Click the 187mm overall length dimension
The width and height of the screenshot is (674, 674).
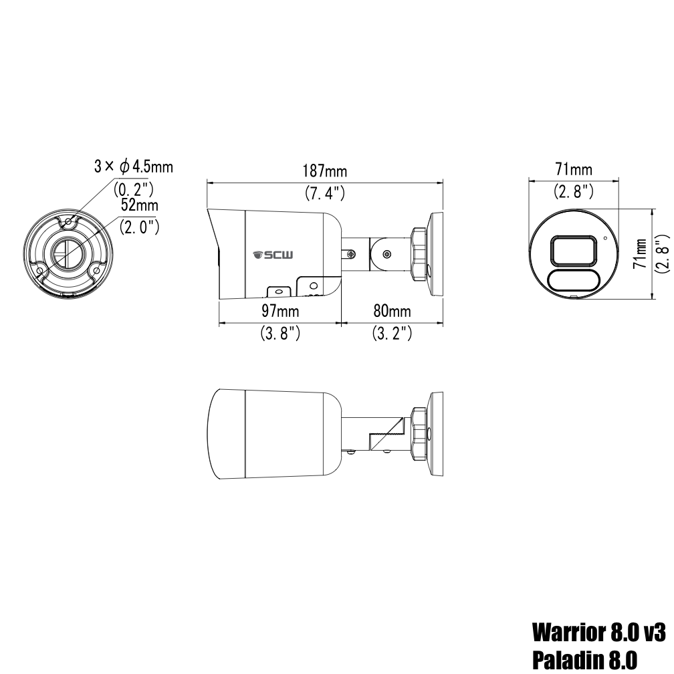[x=325, y=172]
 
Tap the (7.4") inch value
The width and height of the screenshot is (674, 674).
[x=325, y=194]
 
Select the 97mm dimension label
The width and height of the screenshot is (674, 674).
[x=279, y=312]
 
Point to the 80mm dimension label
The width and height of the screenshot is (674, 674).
[x=391, y=312]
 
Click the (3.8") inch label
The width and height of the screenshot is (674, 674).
[x=279, y=334]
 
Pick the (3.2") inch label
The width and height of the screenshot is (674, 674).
[x=391, y=334]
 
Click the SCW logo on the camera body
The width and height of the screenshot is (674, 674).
[x=269, y=255]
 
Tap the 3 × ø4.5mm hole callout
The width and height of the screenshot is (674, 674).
[x=133, y=166]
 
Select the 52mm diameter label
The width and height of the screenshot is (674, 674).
[x=139, y=205]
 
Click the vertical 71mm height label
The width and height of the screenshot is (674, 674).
[x=641, y=254]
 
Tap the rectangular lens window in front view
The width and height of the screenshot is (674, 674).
[x=573, y=252]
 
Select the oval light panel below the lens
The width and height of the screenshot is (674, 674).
[x=573, y=279]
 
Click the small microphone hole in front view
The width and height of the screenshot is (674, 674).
[x=605, y=237]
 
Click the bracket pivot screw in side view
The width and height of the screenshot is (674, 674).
[x=386, y=254]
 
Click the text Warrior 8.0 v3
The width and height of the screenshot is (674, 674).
[x=599, y=631]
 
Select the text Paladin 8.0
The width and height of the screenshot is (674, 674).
[x=583, y=659]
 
